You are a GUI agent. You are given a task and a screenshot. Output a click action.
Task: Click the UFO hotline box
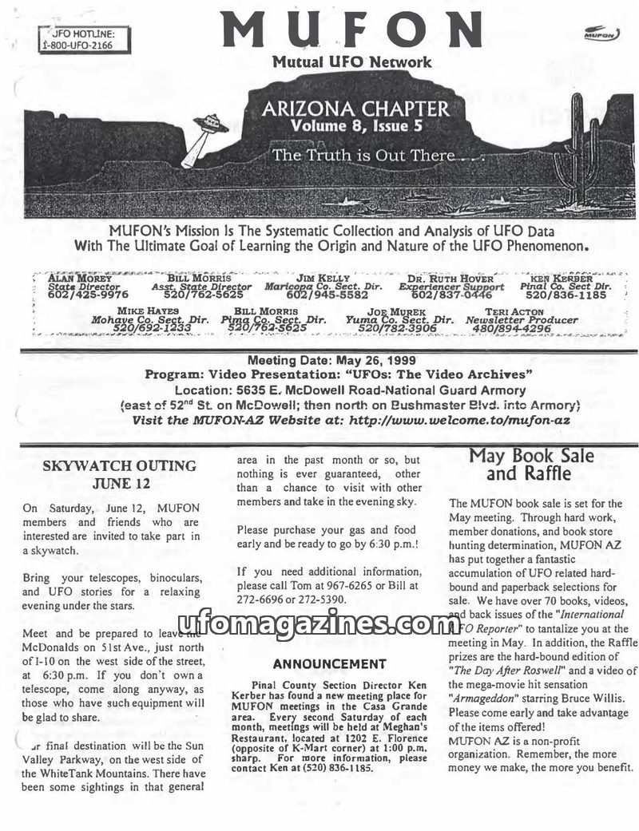84,39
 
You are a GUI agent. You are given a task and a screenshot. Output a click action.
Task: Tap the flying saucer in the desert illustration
210,125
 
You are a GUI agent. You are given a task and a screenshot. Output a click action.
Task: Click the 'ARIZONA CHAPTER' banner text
355,108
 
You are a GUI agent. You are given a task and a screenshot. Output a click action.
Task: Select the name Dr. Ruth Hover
451,278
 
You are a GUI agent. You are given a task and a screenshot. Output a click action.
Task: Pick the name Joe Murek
397,311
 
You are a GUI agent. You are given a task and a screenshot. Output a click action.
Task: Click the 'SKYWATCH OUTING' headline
119,465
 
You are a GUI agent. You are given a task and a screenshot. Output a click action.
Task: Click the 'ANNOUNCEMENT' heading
329,663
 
